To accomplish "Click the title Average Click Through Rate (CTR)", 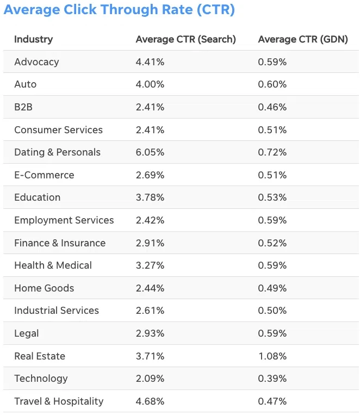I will point(119,10).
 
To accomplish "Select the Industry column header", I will point(33,39).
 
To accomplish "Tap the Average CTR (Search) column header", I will point(185,39).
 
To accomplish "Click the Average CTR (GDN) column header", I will point(302,39).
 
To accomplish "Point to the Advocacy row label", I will point(36,62).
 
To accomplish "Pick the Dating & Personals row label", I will point(57,152).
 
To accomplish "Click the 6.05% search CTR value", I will point(150,152).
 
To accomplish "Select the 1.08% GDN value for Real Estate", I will point(272,356).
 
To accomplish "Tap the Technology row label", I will point(41,379).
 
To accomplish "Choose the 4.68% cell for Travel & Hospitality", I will point(150,401).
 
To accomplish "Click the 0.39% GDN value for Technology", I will point(272,379).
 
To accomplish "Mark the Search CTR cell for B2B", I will point(150,107).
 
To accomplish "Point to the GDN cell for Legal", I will point(272,333).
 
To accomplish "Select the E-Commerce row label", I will point(44,175).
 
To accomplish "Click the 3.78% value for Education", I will point(150,197).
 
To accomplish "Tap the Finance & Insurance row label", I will point(60,243).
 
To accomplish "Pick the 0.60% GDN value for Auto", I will point(272,84).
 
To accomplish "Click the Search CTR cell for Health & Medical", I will point(150,265).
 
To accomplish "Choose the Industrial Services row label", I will point(57,311).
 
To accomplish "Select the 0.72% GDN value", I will point(272,152).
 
